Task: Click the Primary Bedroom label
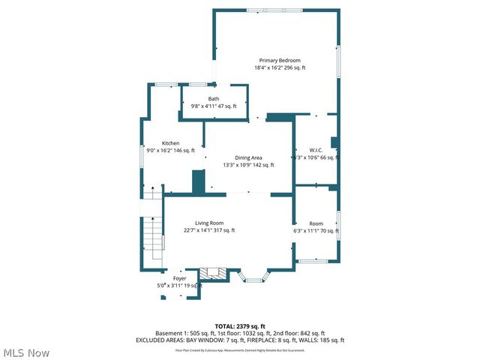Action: click(280, 60)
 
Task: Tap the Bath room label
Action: click(214, 99)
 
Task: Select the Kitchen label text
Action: click(171, 143)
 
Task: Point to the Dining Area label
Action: click(248, 157)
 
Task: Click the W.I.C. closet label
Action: click(316, 149)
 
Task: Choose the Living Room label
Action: click(209, 223)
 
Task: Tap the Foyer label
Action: click(180, 278)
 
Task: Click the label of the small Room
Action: click(316, 223)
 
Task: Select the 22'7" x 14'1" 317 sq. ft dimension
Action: click(209, 230)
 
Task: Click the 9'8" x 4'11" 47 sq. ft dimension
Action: click(214, 106)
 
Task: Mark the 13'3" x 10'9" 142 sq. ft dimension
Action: click(248, 165)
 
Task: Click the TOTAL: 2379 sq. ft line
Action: click(240, 326)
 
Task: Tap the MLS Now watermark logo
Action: click(26, 352)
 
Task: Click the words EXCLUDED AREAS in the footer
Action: click(160, 340)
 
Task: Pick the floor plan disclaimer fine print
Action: click(240, 350)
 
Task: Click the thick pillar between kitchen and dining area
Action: click(199, 182)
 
